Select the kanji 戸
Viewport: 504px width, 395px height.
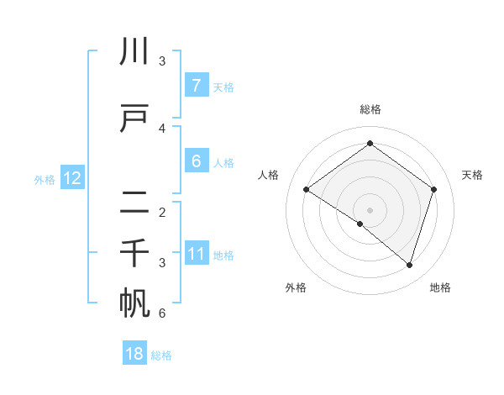(x=135, y=120)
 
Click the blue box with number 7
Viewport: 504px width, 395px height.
(x=196, y=85)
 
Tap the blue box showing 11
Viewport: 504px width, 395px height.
(x=196, y=254)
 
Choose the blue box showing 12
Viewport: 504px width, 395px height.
(x=72, y=178)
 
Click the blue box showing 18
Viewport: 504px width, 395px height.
(x=134, y=354)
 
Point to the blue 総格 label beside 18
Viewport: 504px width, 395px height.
(x=161, y=355)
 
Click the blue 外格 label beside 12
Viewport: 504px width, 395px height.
(x=45, y=179)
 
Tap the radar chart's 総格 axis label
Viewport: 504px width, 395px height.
(x=370, y=109)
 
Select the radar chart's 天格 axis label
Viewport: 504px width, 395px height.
(x=473, y=175)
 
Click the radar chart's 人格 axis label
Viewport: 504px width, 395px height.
(x=268, y=175)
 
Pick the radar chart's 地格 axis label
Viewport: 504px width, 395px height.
(x=440, y=287)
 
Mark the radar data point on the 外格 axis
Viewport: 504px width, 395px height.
(x=360, y=224)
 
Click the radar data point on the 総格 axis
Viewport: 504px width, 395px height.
(x=370, y=144)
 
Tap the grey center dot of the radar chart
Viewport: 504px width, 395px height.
(x=370, y=209)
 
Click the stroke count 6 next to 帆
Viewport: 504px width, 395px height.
(x=162, y=313)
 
